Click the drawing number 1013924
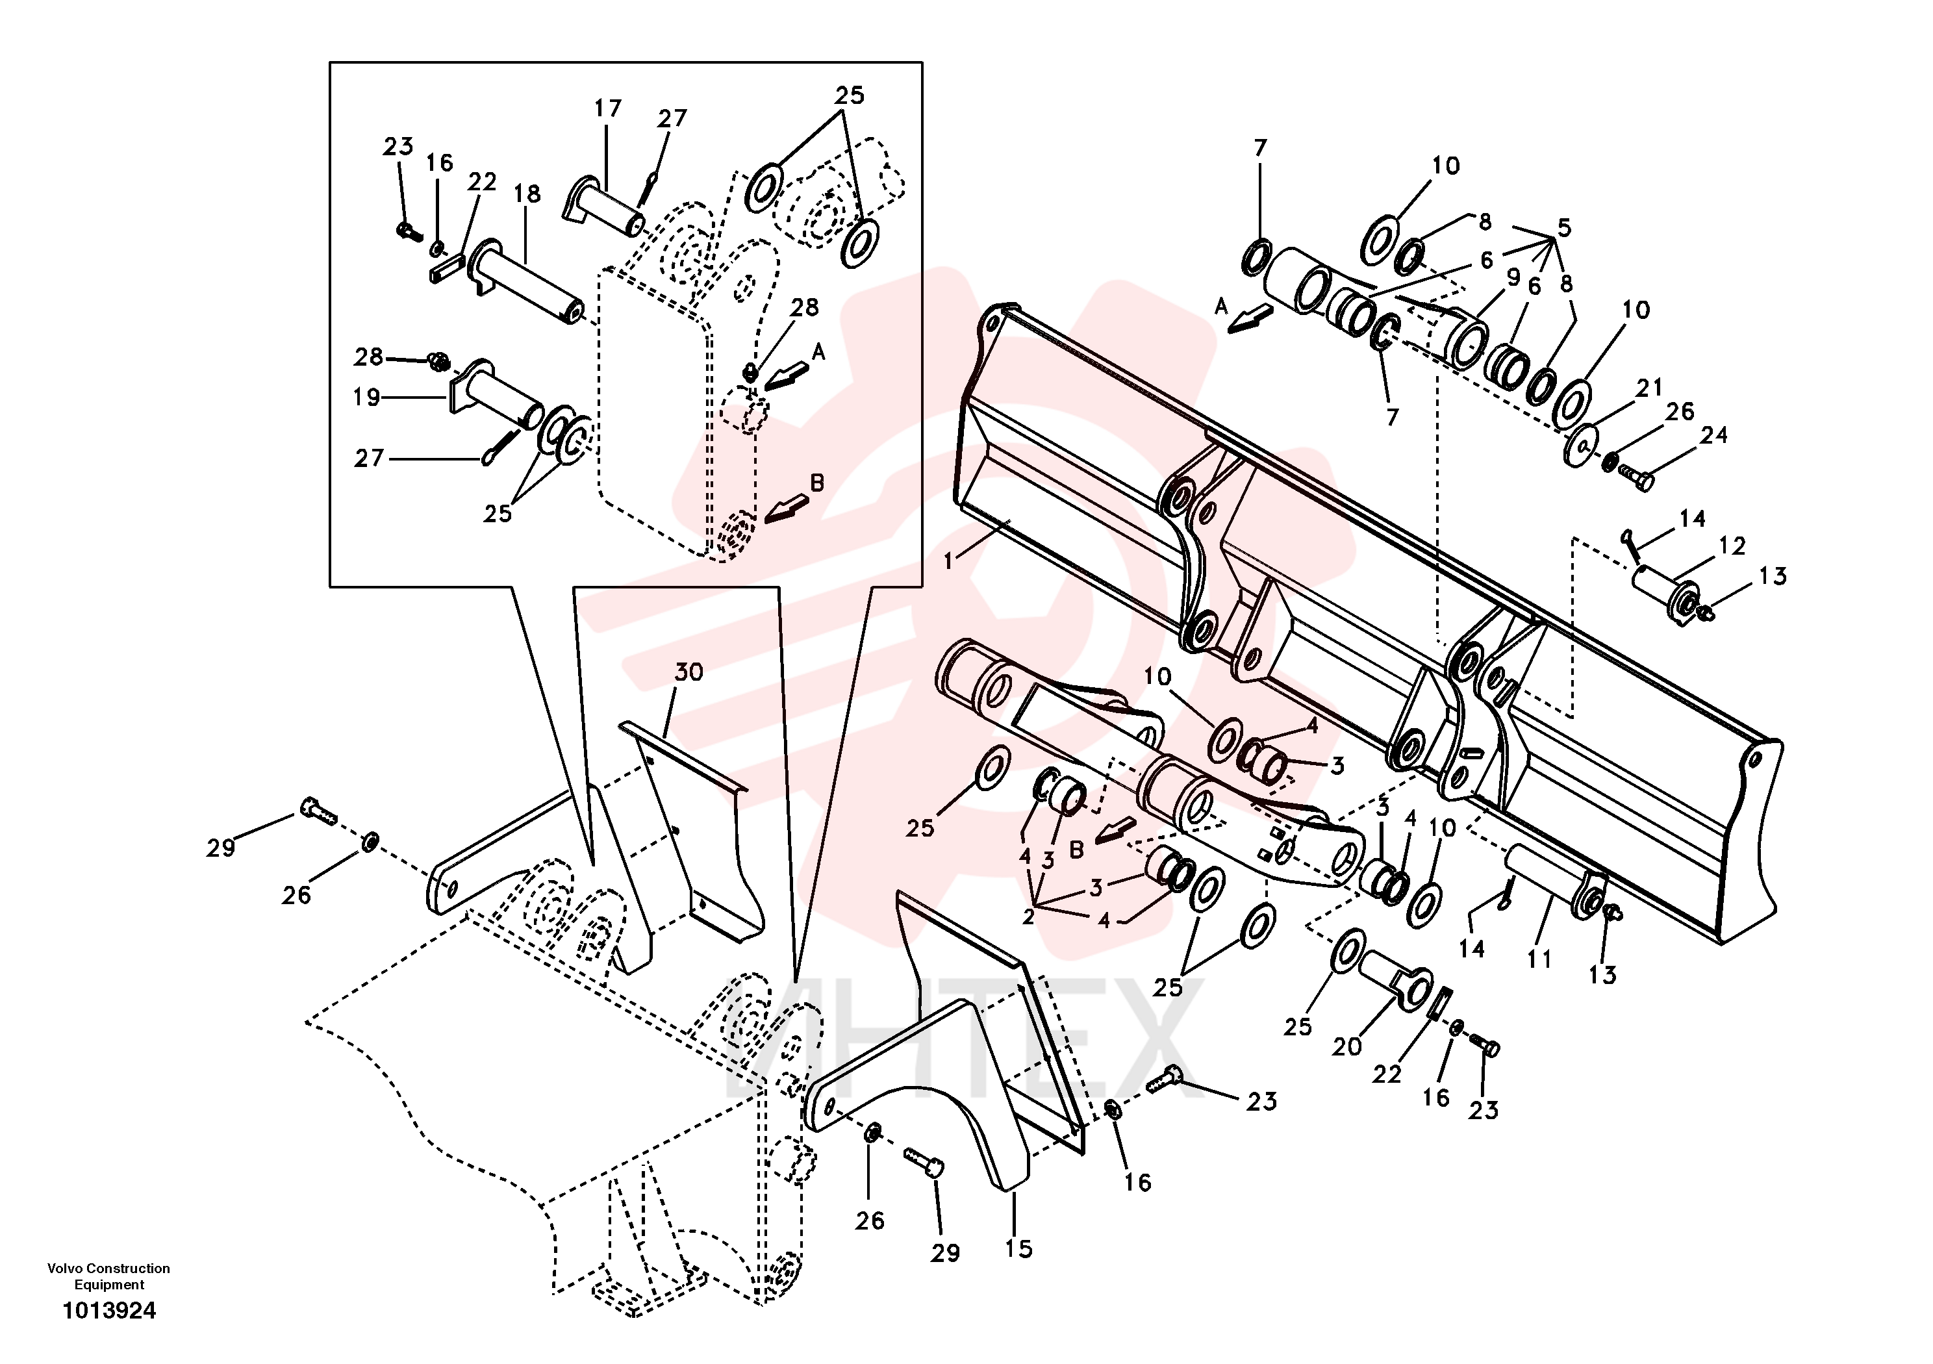pyautogui.click(x=110, y=1311)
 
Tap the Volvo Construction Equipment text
pyautogui.click(x=108, y=1276)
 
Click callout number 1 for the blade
pyautogui.click(x=949, y=561)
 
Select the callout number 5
pyautogui.click(x=1563, y=227)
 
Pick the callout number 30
pyautogui.click(x=689, y=672)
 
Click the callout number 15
pyautogui.click(x=1018, y=1248)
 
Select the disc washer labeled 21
pyautogui.click(x=1581, y=444)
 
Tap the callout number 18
pyautogui.click(x=527, y=194)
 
